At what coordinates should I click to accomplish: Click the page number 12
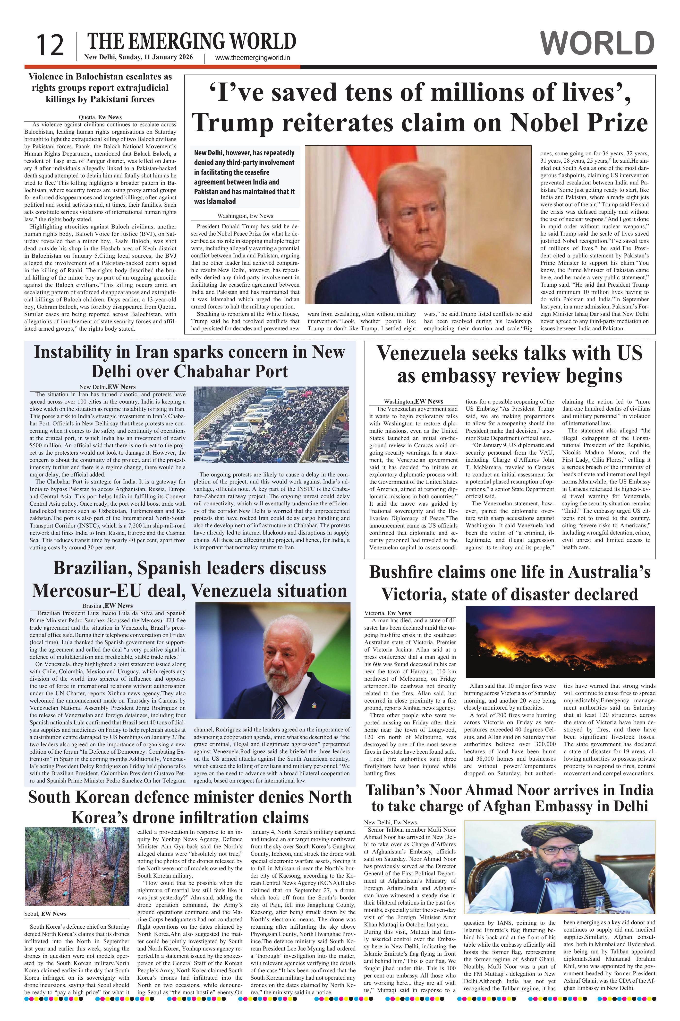50,46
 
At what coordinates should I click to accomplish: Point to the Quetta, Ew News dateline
100,117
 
